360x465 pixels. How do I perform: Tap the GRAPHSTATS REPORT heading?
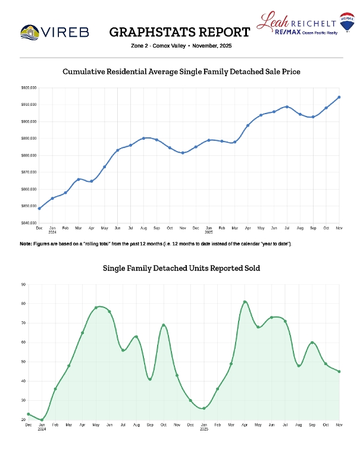tap(180, 32)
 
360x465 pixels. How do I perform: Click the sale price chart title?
tap(181, 71)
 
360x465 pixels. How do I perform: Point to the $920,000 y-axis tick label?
tap(28, 87)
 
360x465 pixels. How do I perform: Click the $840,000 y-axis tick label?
tap(28, 223)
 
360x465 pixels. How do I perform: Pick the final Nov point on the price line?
tap(339, 97)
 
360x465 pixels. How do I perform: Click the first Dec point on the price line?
tap(39, 208)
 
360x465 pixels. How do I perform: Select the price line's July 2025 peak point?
tap(287, 107)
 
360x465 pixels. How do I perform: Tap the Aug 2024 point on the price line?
tap(143, 138)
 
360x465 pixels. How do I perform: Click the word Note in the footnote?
tap(25, 244)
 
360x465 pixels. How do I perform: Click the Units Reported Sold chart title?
tap(181, 269)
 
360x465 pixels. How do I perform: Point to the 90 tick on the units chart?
tap(23, 284)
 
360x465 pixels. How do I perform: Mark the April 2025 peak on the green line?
tap(245, 301)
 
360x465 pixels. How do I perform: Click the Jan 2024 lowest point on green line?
tap(42, 420)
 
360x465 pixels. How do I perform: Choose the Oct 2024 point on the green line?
tap(164, 325)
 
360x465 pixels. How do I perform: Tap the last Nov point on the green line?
tap(339, 372)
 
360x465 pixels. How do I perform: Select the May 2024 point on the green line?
tap(96, 307)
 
